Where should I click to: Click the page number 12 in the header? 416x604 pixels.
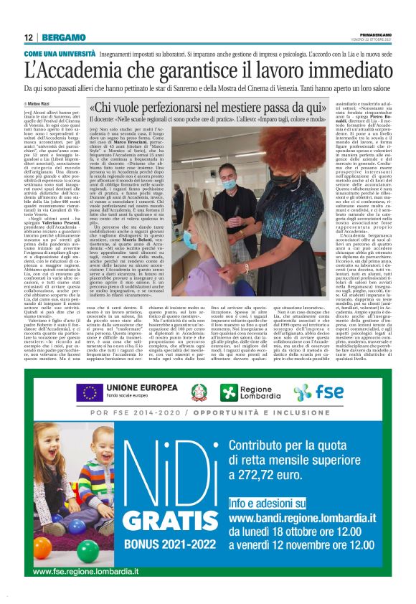[28, 37]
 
